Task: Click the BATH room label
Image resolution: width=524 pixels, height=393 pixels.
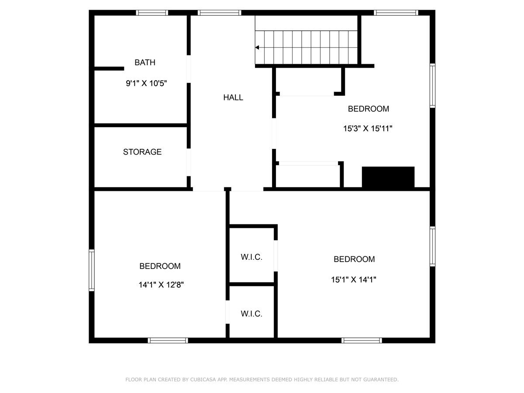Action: (x=145, y=62)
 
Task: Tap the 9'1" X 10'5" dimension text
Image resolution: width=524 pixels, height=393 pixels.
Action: (x=146, y=83)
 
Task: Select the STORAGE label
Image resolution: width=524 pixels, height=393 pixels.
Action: (x=142, y=152)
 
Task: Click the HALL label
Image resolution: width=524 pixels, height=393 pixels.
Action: (x=233, y=97)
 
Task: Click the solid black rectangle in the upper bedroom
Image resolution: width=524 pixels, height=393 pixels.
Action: (x=388, y=177)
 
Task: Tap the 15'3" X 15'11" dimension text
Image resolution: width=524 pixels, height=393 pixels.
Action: (x=368, y=129)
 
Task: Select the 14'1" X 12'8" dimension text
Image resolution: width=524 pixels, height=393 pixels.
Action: (x=161, y=285)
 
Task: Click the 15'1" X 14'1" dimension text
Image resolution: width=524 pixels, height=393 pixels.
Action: (x=354, y=279)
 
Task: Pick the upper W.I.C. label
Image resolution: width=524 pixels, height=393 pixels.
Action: (x=252, y=257)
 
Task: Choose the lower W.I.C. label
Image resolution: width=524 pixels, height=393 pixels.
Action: (x=252, y=314)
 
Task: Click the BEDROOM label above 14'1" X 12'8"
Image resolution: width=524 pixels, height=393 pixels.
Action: (x=160, y=266)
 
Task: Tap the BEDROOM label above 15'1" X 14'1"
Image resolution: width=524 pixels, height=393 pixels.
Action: (x=354, y=259)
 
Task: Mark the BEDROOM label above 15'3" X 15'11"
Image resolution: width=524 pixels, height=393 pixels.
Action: (x=368, y=109)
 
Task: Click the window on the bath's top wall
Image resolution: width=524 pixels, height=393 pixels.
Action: (x=152, y=13)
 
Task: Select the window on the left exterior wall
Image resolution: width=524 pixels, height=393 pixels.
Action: (x=92, y=270)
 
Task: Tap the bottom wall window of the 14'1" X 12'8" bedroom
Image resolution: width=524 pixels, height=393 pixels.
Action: (x=168, y=340)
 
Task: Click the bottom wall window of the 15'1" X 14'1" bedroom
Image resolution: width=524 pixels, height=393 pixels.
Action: (x=362, y=340)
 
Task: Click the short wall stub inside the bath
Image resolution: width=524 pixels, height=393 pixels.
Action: (x=109, y=69)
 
